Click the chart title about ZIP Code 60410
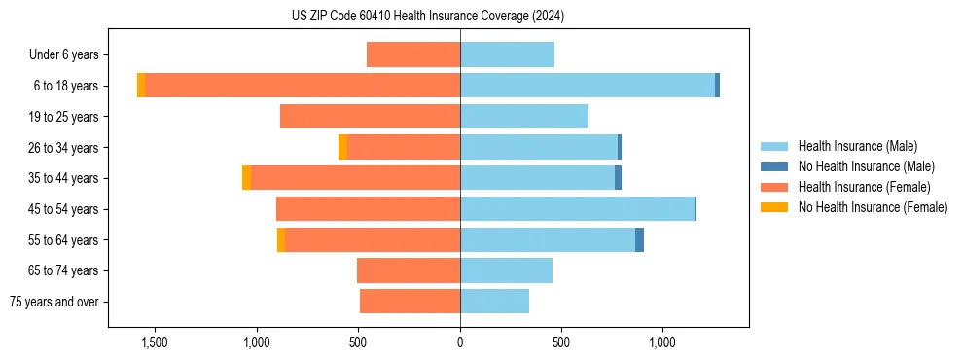coord(428,17)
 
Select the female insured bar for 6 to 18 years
coord(302,86)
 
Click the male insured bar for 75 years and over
coord(494,302)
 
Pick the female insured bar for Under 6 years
coord(413,54)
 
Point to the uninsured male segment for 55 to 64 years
coord(639,240)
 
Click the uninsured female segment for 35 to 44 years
coord(246,178)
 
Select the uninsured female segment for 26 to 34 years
coord(342,147)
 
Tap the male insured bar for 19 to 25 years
coord(524,117)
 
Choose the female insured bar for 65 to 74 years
coord(409,270)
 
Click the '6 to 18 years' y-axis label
coord(65,86)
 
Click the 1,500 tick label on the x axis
coord(155,342)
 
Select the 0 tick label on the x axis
coord(460,342)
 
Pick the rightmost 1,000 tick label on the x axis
coord(662,342)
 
